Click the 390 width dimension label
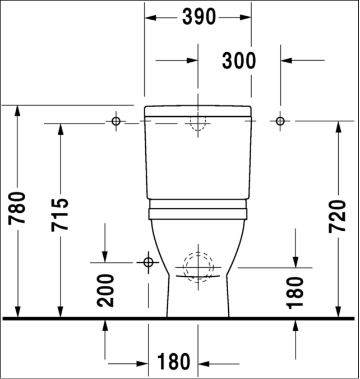click(199, 17)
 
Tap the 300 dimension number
click(239, 61)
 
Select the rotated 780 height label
click(17, 208)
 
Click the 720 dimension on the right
click(338, 216)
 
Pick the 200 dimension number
click(105, 290)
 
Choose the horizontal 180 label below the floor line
click(173, 362)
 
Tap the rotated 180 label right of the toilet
click(295, 293)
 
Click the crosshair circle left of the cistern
click(116, 121)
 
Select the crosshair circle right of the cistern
click(280, 121)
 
